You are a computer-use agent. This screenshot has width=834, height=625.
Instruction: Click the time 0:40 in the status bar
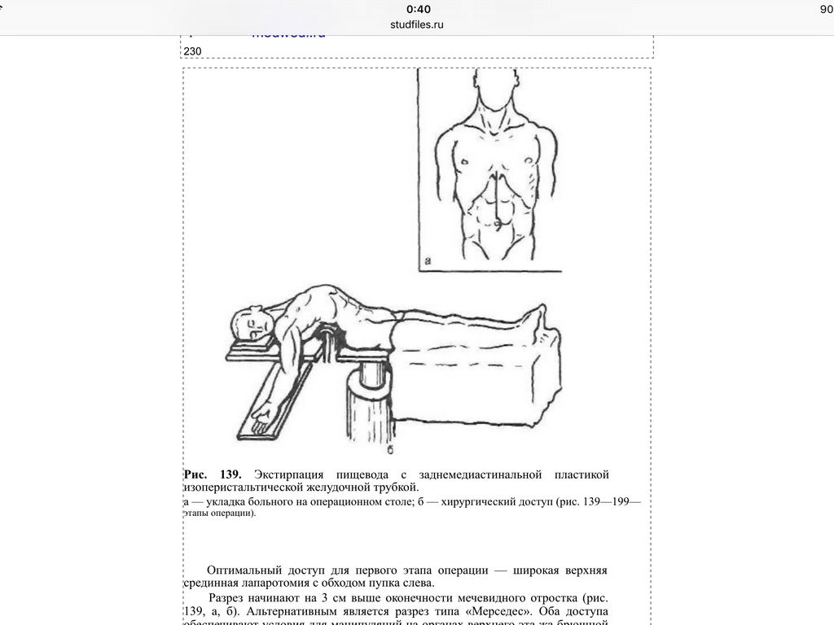tap(418, 9)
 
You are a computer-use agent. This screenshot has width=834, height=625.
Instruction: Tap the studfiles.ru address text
tap(417, 24)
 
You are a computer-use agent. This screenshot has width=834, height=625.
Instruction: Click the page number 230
tap(192, 51)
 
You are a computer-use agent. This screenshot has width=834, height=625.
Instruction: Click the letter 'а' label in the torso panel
tap(428, 261)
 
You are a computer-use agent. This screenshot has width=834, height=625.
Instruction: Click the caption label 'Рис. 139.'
tap(213, 474)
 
